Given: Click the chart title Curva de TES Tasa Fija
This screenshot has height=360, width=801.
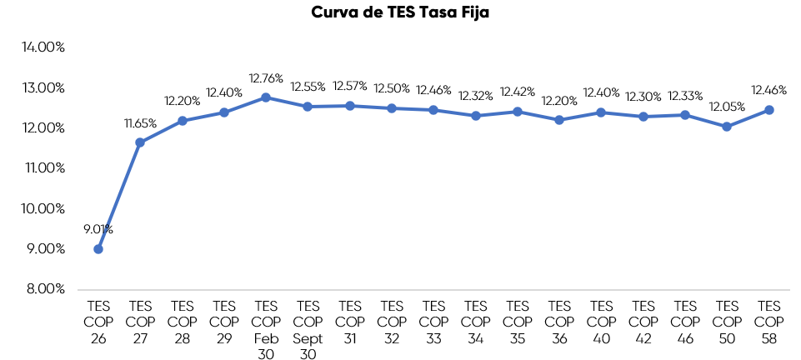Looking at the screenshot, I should tap(400, 12).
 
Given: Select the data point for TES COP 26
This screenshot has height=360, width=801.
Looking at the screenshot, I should tap(98, 248).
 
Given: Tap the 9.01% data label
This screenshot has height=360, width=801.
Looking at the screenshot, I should tap(98, 229).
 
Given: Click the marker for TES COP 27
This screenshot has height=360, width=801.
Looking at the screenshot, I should tap(140, 142).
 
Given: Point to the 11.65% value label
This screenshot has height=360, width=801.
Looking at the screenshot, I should tap(140, 123).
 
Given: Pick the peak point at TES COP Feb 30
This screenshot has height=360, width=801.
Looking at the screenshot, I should tap(266, 97).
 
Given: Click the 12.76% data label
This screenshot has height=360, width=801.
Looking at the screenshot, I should tap(266, 78).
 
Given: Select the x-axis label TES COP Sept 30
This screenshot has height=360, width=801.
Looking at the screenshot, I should tap(308, 329).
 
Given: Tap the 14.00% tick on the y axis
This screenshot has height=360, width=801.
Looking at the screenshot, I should tap(43, 47).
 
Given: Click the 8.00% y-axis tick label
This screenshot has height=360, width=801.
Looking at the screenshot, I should tap(43, 289).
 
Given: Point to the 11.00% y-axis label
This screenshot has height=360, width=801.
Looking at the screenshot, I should tap(43, 168).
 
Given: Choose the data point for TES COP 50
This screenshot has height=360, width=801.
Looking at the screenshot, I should tap(727, 127).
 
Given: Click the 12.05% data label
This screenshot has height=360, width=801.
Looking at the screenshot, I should tap(727, 107).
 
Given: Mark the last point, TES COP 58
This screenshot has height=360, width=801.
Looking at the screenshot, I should tap(768, 110).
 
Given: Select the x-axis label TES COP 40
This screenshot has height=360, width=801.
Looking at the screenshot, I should tap(601, 322).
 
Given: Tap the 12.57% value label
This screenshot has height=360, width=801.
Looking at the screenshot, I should tap(350, 86).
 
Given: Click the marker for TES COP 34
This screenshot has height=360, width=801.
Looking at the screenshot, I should tap(475, 116).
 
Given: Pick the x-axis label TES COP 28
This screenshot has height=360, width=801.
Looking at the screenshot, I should tap(182, 322).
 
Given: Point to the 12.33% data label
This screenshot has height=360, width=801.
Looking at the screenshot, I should tap(685, 95).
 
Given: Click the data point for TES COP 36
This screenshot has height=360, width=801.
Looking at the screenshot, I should tap(559, 120).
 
